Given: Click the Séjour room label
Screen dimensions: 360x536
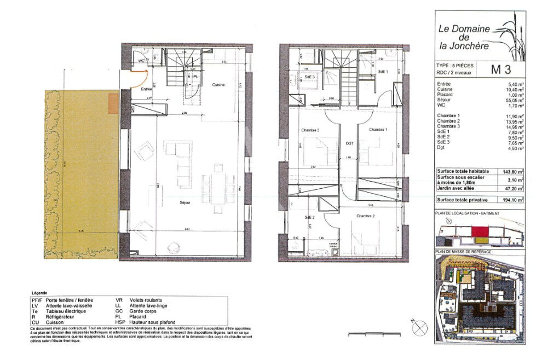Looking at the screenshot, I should point(185,202).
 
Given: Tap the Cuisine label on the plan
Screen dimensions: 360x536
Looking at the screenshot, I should point(220,84).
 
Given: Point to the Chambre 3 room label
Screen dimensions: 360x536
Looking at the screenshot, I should point(310,130).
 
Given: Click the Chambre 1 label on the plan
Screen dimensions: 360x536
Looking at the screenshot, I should point(378,130).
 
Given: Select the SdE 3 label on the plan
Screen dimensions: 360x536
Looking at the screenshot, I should point(310,77).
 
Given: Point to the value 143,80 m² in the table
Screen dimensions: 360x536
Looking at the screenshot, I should point(513,171).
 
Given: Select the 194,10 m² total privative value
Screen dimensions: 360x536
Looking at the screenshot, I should point(513,201).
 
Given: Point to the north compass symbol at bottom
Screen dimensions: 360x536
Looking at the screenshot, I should point(419,328).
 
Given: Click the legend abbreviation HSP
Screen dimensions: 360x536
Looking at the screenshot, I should point(120,322).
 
